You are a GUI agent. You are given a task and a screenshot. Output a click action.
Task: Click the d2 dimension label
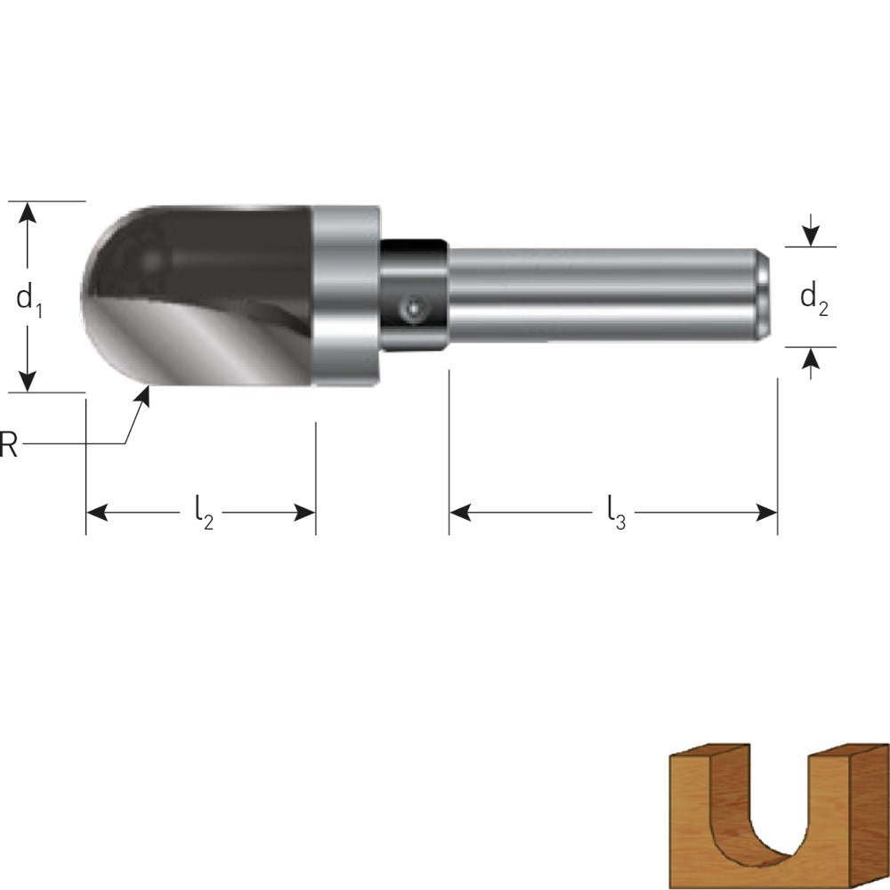[x=814, y=298]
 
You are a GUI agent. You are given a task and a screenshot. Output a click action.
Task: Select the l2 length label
[x=204, y=512]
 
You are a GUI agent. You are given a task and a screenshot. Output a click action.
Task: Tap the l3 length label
[x=617, y=512]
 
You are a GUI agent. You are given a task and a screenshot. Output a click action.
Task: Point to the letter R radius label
[x=8, y=444]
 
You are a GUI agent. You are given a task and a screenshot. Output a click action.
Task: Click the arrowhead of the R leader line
[x=143, y=396]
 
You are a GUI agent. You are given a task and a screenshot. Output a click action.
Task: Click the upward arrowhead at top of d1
[x=27, y=213]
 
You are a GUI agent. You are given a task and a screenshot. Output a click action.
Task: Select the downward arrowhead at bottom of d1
[x=27, y=381]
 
